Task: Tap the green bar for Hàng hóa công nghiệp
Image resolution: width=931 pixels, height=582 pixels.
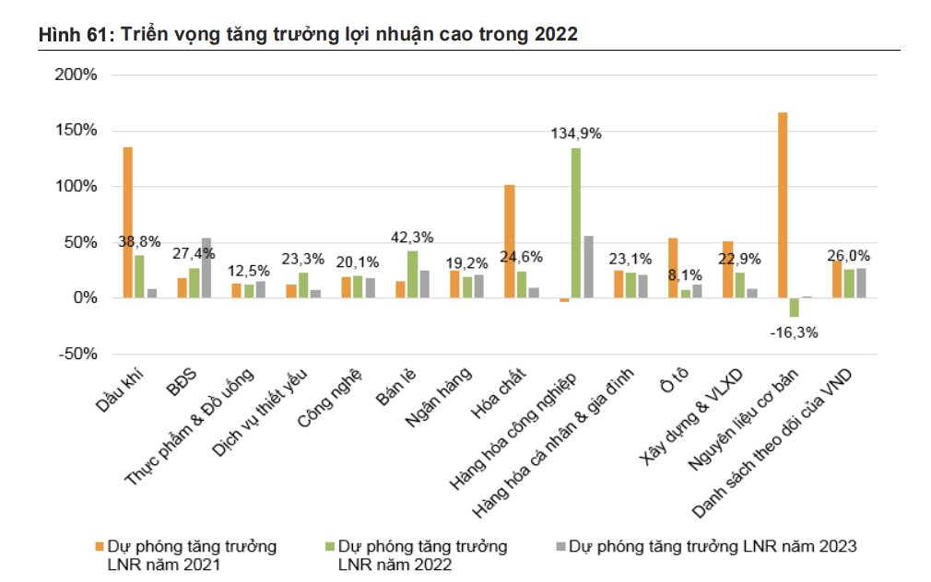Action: [576, 223]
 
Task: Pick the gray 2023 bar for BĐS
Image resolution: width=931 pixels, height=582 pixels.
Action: [206, 268]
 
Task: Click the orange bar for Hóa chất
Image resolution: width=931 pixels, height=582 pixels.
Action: [510, 241]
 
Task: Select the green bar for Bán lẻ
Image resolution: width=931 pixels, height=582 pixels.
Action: [412, 274]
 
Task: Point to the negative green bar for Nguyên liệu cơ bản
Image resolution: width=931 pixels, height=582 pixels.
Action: [794, 308]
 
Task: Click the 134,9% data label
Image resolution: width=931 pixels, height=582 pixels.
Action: [576, 134]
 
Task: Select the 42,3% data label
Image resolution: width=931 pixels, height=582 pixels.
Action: [412, 238]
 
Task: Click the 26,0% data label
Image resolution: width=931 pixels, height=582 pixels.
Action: [848, 255]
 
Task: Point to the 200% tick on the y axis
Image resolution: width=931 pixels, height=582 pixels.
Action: [77, 75]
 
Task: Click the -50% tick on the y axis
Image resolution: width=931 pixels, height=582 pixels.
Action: [77, 354]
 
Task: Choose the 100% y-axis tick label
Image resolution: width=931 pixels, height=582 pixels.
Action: [77, 186]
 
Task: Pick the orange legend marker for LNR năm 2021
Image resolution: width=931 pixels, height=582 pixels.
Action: [100, 546]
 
